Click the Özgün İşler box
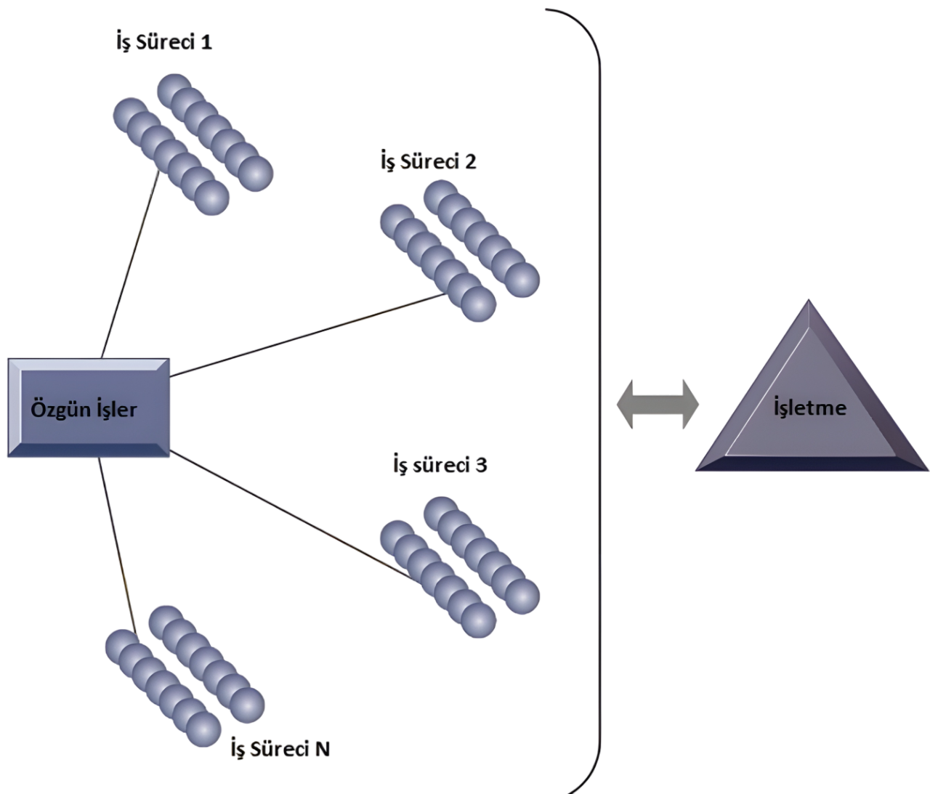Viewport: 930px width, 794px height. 89,408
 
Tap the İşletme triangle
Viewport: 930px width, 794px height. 809,407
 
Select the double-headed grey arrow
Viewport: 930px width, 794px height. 658,404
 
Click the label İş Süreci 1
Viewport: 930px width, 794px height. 164,41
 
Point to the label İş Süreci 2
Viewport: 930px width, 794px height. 429,161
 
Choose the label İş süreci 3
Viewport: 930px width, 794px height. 440,464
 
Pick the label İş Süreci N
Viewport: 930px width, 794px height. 280,749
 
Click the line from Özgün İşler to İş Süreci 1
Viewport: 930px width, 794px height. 131,262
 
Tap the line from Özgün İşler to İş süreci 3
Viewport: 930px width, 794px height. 291,515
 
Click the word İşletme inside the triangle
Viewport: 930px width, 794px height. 810,407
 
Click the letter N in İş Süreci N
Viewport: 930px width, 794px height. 322,749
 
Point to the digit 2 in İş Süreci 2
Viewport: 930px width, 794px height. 469,161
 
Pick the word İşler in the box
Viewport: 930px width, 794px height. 116,409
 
